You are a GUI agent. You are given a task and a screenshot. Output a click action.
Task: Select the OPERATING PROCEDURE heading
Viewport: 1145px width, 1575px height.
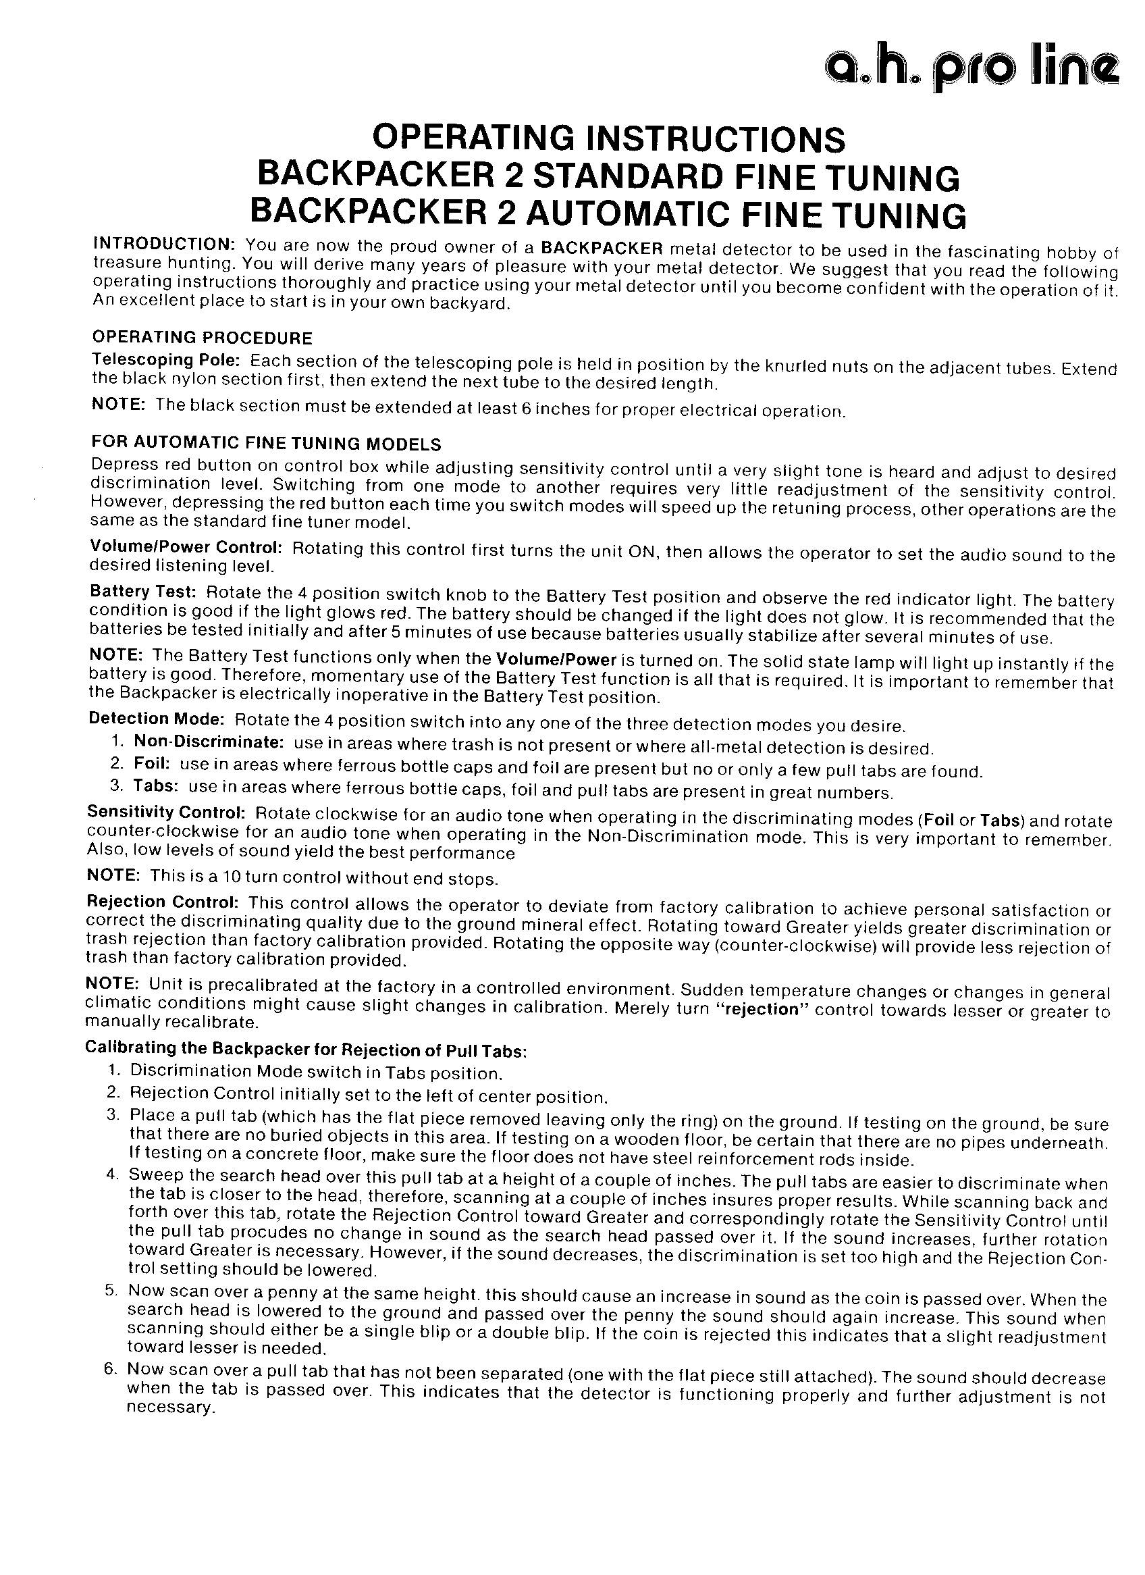tap(202, 338)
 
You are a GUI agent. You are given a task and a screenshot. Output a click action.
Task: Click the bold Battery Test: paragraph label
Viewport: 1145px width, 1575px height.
tap(144, 592)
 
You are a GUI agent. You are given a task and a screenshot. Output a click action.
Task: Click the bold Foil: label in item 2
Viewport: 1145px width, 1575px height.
tap(152, 765)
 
